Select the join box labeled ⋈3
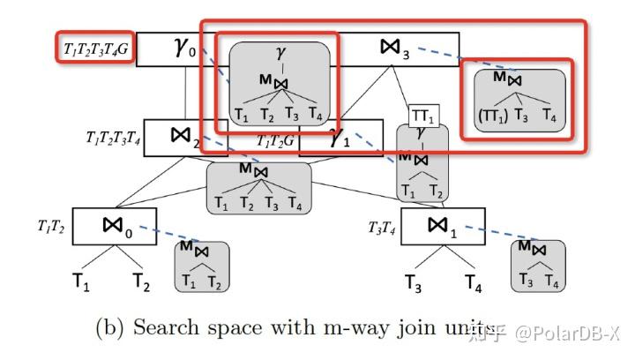coord(398,49)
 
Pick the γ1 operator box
coord(339,139)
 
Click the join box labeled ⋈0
coord(116,226)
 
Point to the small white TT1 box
coord(422,116)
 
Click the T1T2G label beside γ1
coord(275,139)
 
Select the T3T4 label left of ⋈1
coord(381,228)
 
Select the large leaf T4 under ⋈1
coord(473,282)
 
